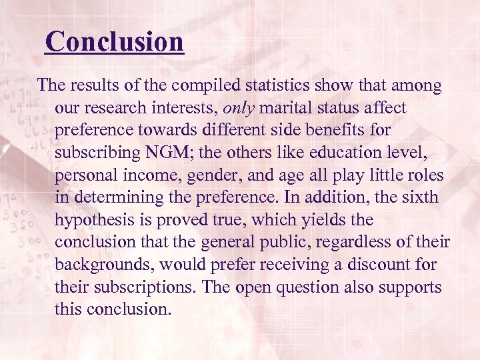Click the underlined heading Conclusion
pyautogui.click(x=114, y=42)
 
